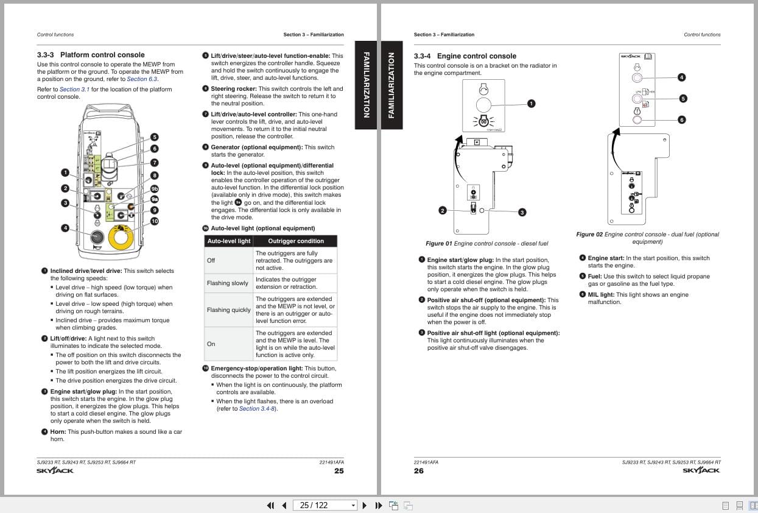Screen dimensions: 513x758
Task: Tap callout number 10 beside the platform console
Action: coord(155,221)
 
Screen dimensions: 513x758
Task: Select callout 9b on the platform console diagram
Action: coord(155,189)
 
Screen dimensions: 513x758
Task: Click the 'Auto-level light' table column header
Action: coord(228,241)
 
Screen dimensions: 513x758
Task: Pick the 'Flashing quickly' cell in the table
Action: coord(228,310)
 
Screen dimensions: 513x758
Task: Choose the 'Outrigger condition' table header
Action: coord(296,241)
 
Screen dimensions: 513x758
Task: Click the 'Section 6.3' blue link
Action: coord(142,79)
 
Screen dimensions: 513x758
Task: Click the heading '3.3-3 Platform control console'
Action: coord(91,55)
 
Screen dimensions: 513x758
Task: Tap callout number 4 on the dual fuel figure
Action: coord(681,77)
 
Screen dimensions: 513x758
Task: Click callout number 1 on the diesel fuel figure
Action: coord(531,104)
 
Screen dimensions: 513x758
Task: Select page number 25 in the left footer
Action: coord(339,470)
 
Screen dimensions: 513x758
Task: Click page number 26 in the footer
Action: coord(419,470)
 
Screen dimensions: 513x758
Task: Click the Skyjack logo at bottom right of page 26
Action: coord(701,470)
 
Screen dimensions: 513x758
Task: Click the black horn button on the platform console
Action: coord(96,237)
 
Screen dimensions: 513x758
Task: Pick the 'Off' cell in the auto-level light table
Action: coord(211,261)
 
